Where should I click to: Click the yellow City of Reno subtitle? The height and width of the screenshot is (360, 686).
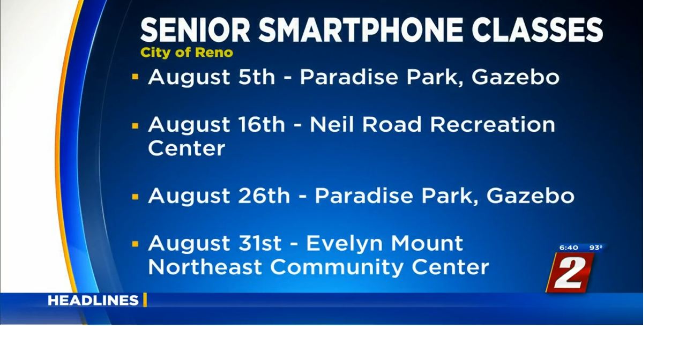coord(187,52)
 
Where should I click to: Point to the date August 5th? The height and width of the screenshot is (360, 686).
coord(211,77)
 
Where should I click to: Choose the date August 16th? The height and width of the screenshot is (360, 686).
coord(217,125)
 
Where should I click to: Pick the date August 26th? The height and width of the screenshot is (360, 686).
coord(219,196)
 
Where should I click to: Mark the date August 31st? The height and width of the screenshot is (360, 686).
coord(214,243)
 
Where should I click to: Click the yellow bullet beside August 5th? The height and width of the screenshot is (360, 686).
coord(135,77)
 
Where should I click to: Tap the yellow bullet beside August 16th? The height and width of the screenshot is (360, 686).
coord(135,126)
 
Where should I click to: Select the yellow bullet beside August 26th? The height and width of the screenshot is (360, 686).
coord(135,197)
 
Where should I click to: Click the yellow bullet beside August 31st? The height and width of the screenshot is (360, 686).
coord(135,244)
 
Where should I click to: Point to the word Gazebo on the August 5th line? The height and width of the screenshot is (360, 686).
coord(515,77)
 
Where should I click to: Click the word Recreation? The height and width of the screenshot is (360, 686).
coord(493,125)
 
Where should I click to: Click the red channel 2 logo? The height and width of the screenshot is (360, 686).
coord(570,272)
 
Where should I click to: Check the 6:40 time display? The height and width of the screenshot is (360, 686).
coord(569,247)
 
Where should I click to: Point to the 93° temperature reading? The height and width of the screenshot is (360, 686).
coord(595,247)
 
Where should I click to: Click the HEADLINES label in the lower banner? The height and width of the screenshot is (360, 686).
coord(93,301)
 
